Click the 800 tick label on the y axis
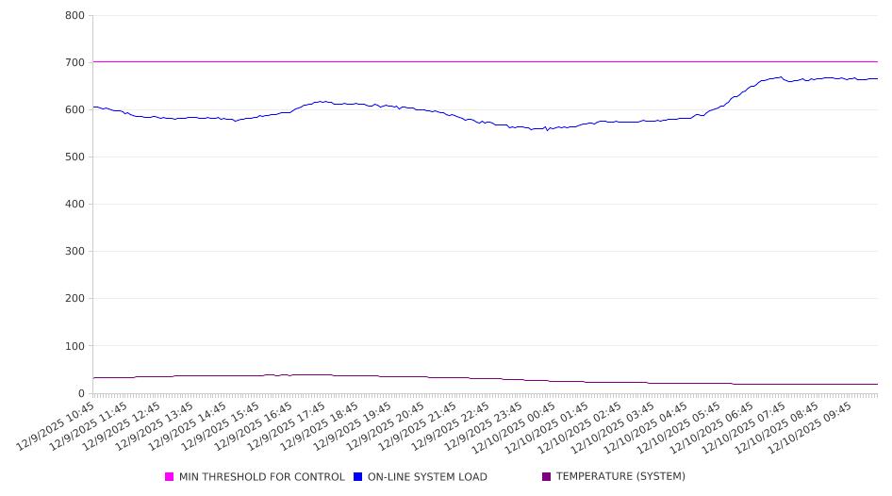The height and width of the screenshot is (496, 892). [x=74, y=16]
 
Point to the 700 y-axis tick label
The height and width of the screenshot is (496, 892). [x=74, y=63]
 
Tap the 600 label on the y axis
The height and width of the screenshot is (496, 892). [x=74, y=110]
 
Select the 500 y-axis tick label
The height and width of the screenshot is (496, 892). [x=74, y=157]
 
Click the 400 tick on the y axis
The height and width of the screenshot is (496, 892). [x=74, y=205]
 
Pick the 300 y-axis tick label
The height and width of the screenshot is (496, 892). [x=74, y=252]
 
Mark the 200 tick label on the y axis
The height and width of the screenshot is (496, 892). [x=74, y=299]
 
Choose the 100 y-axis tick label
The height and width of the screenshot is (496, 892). [x=74, y=346]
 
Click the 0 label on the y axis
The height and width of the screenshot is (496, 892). [x=80, y=393]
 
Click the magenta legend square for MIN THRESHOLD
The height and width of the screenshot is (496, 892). [x=170, y=477]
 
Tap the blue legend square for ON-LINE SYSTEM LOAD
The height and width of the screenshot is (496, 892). [x=358, y=477]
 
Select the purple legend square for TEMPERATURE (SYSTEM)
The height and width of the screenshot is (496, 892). [x=546, y=477]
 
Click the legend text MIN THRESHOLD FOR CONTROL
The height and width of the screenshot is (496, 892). [x=261, y=477]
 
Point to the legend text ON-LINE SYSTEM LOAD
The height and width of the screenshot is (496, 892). [x=427, y=477]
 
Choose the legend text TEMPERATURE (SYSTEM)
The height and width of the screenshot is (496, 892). [x=620, y=477]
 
